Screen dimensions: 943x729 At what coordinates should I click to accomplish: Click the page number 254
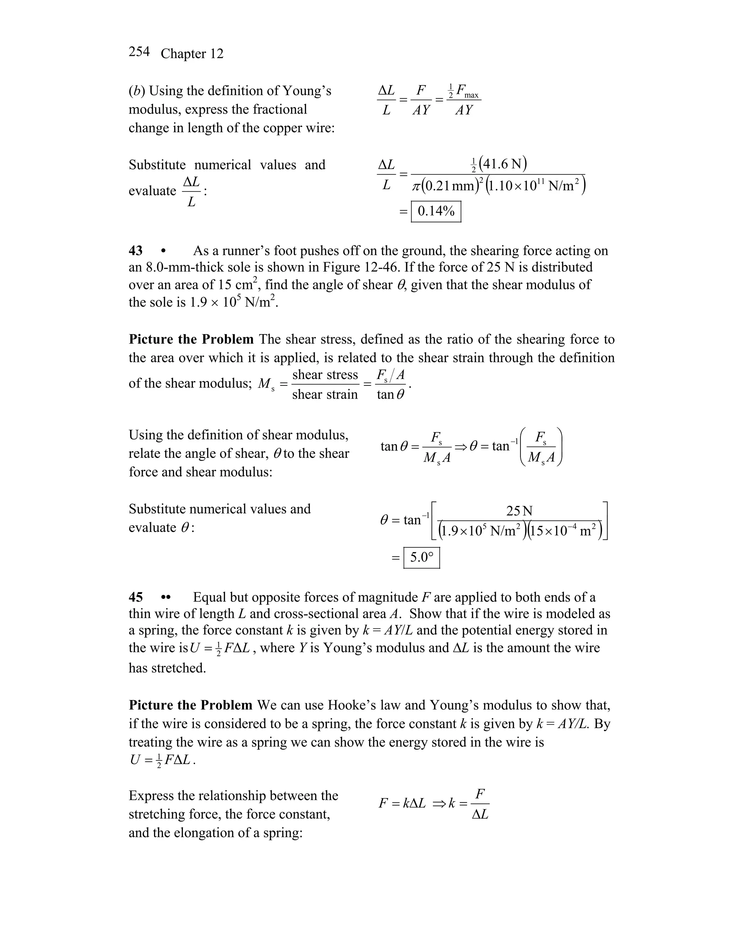click(x=139, y=52)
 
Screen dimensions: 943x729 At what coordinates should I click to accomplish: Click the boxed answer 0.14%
click(x=436, y=212)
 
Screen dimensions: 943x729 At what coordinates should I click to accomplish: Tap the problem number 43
click(x=136, y=251)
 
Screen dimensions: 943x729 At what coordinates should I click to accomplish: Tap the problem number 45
click(x=136, y=597)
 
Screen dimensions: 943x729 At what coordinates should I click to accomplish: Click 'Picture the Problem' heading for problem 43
click(x=191, y=339)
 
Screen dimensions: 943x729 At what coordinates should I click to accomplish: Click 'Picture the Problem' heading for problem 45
click(x=190, y=705)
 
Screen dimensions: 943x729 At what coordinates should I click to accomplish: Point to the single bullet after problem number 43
click(x=163, y=251)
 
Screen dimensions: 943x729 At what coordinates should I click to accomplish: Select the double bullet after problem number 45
click(x=166, y=597)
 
